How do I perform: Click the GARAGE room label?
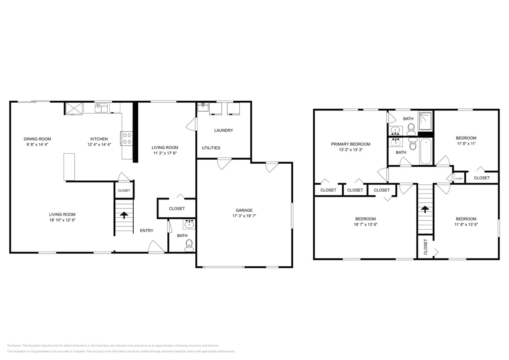coord(244,210)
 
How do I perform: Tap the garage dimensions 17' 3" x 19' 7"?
coord(244,216)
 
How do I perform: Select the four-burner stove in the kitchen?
coord(127,139)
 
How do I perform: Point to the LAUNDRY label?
coord(223,130)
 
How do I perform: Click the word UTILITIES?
coord(211,148)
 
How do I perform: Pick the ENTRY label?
coord(146,231)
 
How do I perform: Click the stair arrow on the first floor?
coord(124,215)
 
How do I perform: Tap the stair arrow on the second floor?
coord(425,209)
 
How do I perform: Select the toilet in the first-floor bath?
coord(189,244)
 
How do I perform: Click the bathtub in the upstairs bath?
coord(426,151)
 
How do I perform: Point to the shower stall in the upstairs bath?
coord(425,121)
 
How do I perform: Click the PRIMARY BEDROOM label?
coord(351,144)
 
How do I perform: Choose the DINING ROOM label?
coord(37,139)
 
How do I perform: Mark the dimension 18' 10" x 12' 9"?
coord(62,220)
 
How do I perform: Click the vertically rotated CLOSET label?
coord(425,247)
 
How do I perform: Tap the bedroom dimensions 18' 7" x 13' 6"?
coord(365,224)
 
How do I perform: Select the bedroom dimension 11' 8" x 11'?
coord(466,144)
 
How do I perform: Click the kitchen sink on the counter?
coord(101,108)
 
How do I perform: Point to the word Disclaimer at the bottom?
coord(14,346)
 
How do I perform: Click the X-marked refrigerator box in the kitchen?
coord(74,108)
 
